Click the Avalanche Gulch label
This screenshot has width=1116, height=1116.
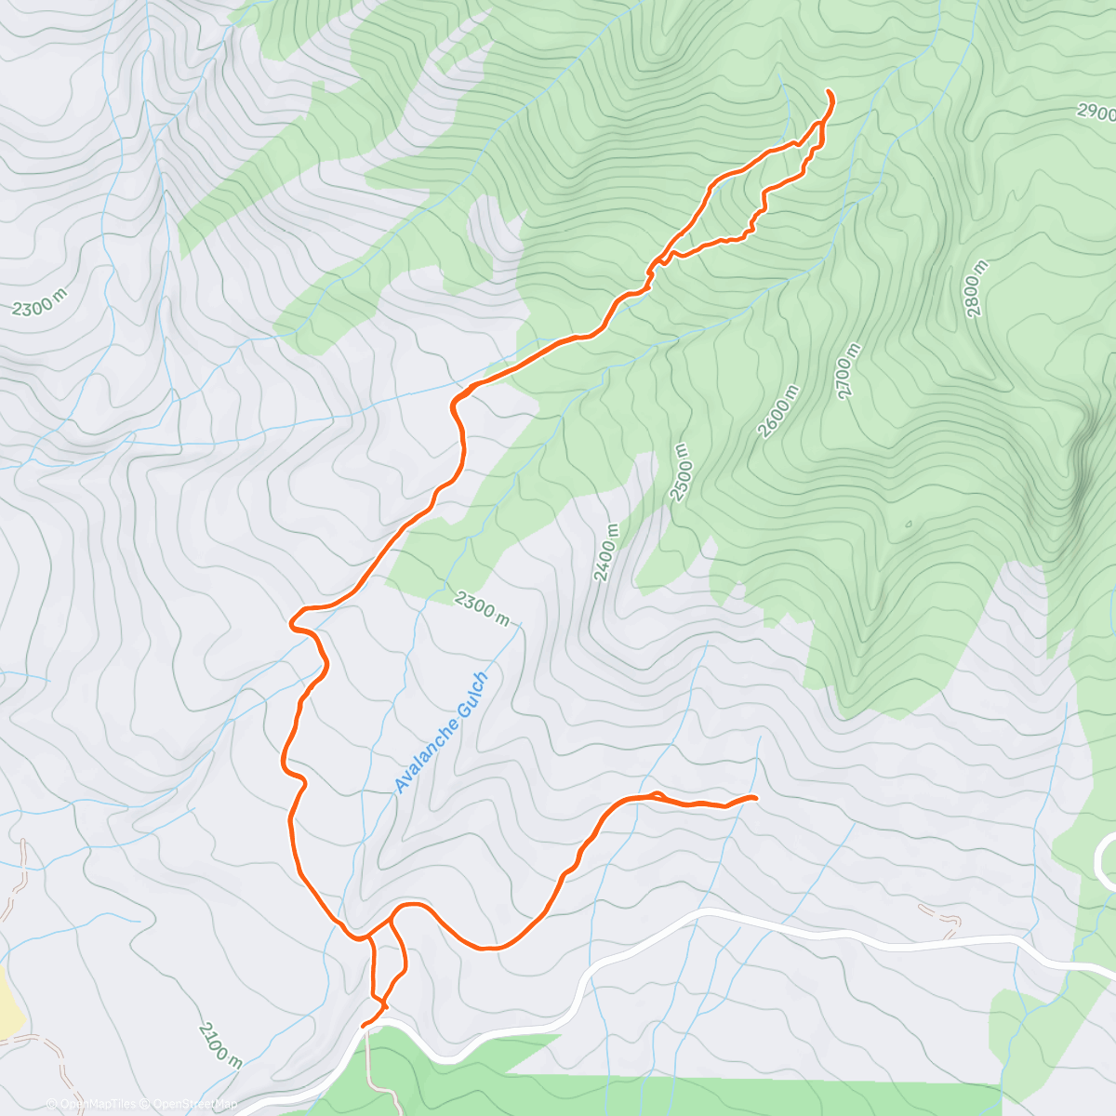click(440, 733)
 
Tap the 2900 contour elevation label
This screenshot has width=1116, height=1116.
click(1096, 113)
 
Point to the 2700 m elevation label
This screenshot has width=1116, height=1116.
click(849, 372)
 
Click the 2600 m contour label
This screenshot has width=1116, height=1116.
click(778, 412)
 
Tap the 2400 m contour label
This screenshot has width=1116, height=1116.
click(605, 552)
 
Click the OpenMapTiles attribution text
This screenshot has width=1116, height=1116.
click(90, 1104)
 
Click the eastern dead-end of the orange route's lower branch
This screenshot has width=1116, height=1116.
click(755, 797)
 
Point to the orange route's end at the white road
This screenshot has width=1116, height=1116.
click(364, 1026)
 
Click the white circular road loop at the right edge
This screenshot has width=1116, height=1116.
click(1107, 860)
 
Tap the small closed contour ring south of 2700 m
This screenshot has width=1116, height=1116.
click(909, 524)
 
